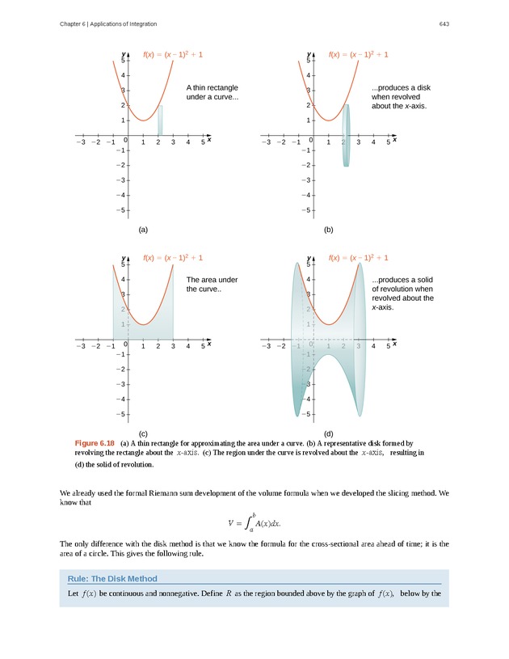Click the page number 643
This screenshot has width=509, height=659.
444,23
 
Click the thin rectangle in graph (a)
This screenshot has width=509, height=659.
160,120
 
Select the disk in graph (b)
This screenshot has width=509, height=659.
346,135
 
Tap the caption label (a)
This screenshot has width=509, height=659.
143,230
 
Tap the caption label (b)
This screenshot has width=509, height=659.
329,230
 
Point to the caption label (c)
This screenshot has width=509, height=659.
143,433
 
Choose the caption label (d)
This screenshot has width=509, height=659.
329,433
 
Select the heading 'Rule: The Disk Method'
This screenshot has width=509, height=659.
112,578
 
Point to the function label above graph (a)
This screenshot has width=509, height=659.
173,54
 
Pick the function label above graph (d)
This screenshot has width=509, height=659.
359,258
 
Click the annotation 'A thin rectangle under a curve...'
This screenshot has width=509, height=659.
212,92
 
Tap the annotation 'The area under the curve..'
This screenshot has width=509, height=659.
207,285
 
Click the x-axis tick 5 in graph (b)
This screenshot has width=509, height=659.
389,142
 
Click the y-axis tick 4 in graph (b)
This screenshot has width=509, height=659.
310,75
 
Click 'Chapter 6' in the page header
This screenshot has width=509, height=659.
74,23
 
